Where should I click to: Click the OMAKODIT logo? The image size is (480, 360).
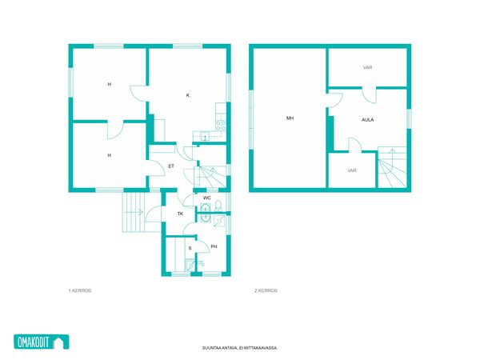[42, 342]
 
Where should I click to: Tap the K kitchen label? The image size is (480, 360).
[188, 95]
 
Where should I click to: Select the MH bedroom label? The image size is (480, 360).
[290, 118]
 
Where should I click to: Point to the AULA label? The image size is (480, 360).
[368, 120]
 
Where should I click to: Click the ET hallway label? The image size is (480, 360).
[171, 166]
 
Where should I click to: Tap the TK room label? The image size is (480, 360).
[180, 214]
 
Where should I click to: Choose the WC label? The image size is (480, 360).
[207, 198]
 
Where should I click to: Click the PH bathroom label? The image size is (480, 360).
[214, 246]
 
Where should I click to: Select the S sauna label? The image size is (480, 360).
[190, 248]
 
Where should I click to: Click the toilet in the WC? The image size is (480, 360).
[218, 206]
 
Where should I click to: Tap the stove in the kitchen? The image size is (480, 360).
[221, 126]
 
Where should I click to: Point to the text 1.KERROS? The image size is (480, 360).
[80, 290]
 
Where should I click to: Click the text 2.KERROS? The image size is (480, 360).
[266, 290]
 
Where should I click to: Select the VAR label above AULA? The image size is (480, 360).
[368, 67]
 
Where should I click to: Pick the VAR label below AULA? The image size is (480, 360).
[352, 170]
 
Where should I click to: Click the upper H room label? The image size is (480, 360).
[110, 84]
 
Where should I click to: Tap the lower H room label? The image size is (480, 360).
[110, 155]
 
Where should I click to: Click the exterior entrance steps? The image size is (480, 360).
[134, 212]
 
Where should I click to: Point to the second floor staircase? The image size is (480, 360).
[392, 167]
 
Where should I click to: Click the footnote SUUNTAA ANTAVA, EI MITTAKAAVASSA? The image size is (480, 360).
[240, 348]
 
